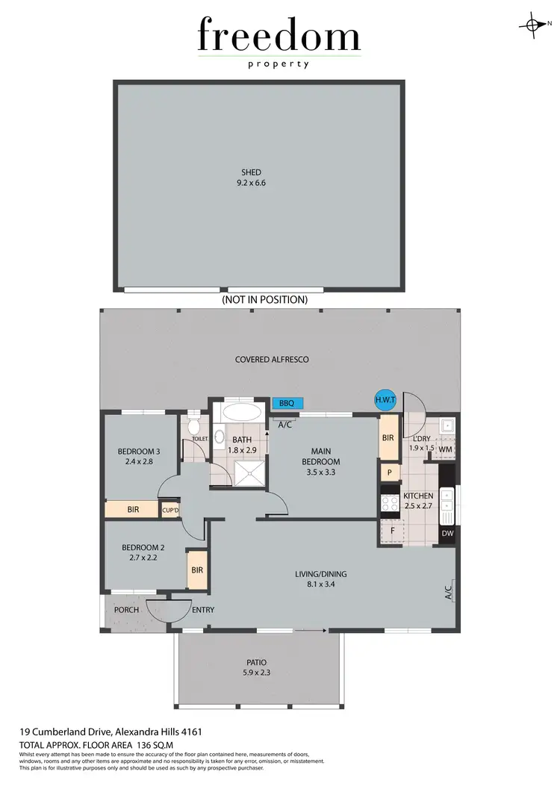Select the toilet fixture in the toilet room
195,427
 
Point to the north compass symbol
533,25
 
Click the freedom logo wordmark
279,37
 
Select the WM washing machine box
446,449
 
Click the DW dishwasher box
447,533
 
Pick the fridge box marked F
391,531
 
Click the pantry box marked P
389,473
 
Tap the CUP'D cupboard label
171,510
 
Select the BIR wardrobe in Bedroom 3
133,510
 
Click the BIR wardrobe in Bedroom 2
197,570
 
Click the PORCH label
126,610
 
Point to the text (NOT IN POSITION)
264,299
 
